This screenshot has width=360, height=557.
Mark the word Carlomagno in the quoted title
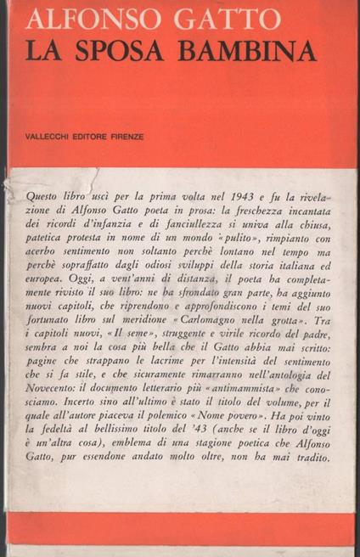[x=211, y=341]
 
